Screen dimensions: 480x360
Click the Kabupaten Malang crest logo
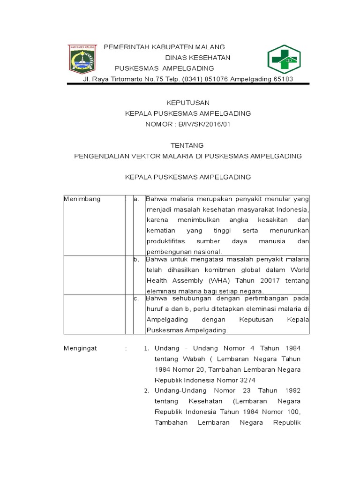[82, 60]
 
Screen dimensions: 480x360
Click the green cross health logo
[284, 60]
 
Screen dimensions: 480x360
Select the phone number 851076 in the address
[216, 79]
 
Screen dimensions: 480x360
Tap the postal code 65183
[283, 79]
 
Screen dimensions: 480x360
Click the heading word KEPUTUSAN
[187, 103]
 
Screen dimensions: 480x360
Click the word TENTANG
[187, 145]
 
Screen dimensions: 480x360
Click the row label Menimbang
[82, 199]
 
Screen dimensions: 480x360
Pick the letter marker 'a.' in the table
[137, 199]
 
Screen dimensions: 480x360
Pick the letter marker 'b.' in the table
[137, 260]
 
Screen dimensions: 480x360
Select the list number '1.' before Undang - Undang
[146, 349]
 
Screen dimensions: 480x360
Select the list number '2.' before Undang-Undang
[146, 391]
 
